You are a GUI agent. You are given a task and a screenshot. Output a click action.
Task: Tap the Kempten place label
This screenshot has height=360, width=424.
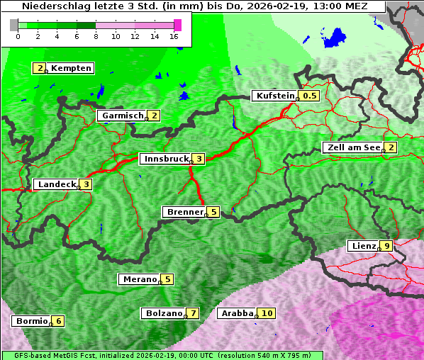(x=72, y=69)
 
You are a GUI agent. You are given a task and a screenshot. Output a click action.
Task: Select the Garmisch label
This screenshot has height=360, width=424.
(x=123, y=116)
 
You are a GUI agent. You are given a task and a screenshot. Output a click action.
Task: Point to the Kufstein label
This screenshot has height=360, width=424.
(x=275, y=96)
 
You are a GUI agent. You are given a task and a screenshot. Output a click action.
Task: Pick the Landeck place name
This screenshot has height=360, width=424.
(x=57, y=184)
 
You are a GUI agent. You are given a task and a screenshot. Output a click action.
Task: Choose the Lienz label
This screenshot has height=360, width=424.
(x=363, y=246)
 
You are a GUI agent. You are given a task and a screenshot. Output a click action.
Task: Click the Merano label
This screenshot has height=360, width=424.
(x=140, y=279)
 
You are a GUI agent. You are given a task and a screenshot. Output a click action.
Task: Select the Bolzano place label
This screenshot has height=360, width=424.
(x=164, y=313)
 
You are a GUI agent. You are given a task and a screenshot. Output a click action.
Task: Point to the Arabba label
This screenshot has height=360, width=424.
(x=238, y=313)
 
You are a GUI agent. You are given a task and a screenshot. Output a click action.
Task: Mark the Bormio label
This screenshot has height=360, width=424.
(x=31, y=321)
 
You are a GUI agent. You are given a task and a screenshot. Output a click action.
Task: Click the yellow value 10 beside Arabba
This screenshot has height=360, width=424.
(x=267, y=313)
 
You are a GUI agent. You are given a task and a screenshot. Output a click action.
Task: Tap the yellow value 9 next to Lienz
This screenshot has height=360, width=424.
(x=386, y=246)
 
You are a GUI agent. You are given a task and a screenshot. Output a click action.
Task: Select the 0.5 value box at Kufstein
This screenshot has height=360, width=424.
(x=309, y=96)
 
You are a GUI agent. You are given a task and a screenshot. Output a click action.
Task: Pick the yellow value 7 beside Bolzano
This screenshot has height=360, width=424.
(x=192, y=313)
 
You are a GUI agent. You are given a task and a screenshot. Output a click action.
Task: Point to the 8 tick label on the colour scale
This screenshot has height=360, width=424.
(x=96, y=36)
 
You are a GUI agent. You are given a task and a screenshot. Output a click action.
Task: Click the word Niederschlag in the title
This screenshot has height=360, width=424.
(x=49, y=6)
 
